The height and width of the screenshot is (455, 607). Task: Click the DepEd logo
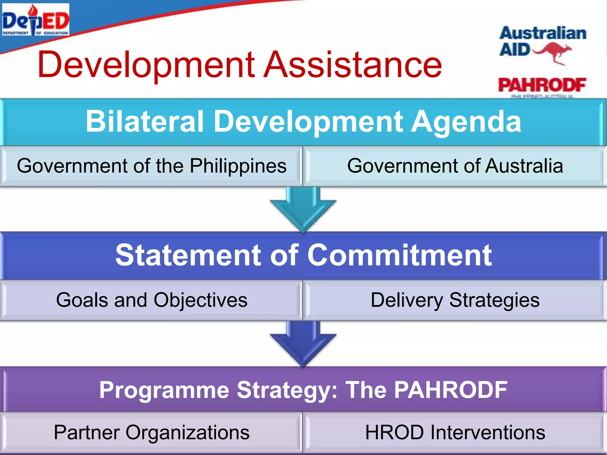[36, 20]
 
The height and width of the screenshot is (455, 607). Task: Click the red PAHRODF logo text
[542, 85]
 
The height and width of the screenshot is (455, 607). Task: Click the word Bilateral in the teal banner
[145, 121]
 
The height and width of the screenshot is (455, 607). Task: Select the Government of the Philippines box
[151, 166]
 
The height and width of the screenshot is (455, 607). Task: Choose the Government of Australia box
[455, 166]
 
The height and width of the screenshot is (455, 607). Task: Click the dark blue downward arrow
[303, 344]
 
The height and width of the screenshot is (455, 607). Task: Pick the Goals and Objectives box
[151, 300]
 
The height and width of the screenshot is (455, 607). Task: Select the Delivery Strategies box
[455, 300]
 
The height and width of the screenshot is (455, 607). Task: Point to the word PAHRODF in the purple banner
[451, 390]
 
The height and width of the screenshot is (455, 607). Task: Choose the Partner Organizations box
[151, 432]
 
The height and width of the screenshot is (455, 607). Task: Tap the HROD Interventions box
[455, 432]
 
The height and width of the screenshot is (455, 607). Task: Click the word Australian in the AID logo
[543, 33]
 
